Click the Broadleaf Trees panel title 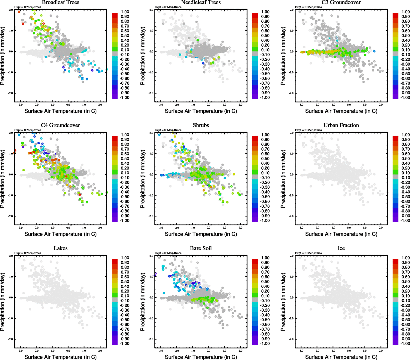(x=60, y=2)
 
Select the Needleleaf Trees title (x=201, y=2)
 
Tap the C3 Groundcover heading (x=341, y=2)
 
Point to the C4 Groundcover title (x=60, y=125)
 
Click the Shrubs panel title (x=201, y=125)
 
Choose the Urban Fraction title (x=341, y=125)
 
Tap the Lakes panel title (x=60, y=248)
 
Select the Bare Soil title (x=201, y=248)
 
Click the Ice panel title (x=341, y=248)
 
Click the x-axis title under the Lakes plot (x=60, y=357)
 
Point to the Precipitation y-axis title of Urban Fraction (x=283, y=179)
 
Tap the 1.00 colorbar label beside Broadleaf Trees (x=125, y=12)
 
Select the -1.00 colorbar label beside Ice (x=405, y=343)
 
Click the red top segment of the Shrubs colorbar (x=255, y=139)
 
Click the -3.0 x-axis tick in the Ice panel (x=301, y=350)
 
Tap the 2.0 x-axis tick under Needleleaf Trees (x=240, y=105)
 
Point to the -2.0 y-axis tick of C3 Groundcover (x=291, y=93)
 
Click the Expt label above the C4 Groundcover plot (x=28, y=130)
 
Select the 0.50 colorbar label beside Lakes (x=125, y=281)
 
